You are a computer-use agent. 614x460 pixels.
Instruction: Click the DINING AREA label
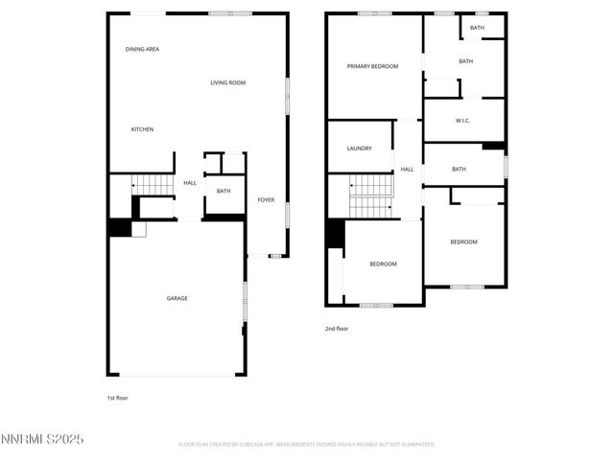click(x=142, y=49)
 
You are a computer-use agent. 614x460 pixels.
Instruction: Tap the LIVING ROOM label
click(x=228, y=83)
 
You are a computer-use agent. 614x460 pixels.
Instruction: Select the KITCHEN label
click(x=142, y=129)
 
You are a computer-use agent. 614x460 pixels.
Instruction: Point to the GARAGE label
click(x=177, y=298)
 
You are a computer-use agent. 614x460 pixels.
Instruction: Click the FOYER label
click(x=266, y=200)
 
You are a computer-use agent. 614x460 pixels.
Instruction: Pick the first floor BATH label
click(x=224, y=191)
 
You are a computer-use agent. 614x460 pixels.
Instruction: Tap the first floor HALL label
click(x=190, y=182)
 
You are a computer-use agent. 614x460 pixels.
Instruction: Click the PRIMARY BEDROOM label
click(x=372, y=66)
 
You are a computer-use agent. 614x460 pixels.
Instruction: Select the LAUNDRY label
click(x=359, y=149)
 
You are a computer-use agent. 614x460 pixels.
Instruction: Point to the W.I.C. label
click(x=462, y=121)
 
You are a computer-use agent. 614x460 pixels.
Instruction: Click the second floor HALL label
click(x=407, y=169)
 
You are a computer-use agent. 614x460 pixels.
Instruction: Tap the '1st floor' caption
click(x=117, y=397)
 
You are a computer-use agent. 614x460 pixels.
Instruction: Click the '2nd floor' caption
click(x=337, y=329)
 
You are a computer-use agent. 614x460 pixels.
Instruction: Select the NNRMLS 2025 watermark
click(x=43, y=439)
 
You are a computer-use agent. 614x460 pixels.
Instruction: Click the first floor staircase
click(x=150, y=184)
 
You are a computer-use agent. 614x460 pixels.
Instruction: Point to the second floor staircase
click(x=370, y=195)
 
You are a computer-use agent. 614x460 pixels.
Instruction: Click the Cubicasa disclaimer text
click(x=307, y=445)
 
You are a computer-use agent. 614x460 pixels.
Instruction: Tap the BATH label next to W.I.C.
click(x=459, y=170)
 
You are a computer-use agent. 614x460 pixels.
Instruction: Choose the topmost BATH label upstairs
click(x=477, y=28)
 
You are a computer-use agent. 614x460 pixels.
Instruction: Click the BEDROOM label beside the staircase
click(x=383, y=264)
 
